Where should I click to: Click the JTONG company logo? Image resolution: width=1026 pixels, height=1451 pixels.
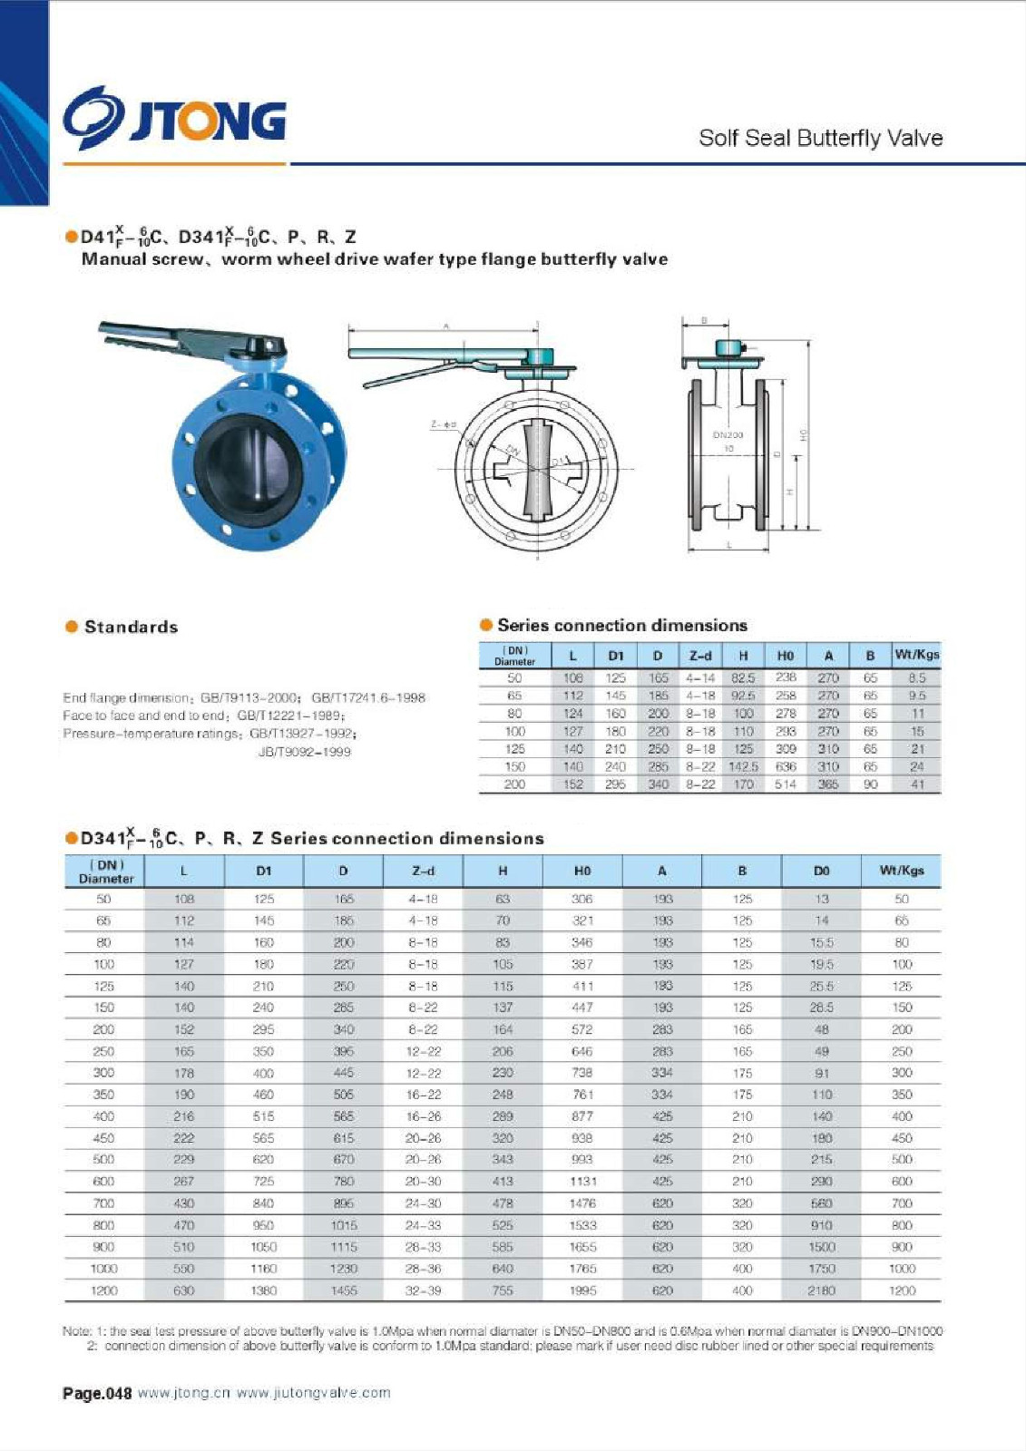[x=174, y=118]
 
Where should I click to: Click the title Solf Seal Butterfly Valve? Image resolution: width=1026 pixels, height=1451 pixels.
[x=820, y=138]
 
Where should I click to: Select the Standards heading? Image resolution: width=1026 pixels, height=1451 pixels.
[x=131, y=627]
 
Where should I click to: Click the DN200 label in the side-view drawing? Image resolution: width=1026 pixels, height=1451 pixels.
[x=728, y=435]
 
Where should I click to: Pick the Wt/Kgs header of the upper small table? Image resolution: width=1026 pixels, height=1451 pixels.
[x=916, y=655]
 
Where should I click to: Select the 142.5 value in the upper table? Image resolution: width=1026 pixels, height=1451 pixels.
[x=743, y=766]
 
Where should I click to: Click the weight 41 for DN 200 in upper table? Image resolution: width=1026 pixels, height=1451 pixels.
[x=917, y=784]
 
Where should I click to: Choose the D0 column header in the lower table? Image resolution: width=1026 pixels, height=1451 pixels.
[x=821, y=871]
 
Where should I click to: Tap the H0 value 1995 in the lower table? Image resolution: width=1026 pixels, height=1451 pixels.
[x=582, y=1290]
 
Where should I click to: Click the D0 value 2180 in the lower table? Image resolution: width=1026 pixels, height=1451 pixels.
[x=821, y=1290]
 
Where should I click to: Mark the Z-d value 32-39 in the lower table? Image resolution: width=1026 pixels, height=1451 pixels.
[x=423, y=1290]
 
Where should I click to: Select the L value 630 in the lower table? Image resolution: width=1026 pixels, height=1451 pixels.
[x=184, y=1290]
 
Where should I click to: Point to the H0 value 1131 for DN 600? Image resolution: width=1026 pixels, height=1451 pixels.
[x=582, y=1182]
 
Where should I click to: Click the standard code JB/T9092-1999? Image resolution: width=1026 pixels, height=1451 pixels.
[x=305, y=752]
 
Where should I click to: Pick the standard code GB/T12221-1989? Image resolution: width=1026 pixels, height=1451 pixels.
[x=296, y=716]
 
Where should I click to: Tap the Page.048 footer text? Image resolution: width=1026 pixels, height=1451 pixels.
[x=97, y=1393]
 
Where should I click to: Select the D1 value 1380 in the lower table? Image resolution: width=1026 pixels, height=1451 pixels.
[x=264, y=1290]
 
